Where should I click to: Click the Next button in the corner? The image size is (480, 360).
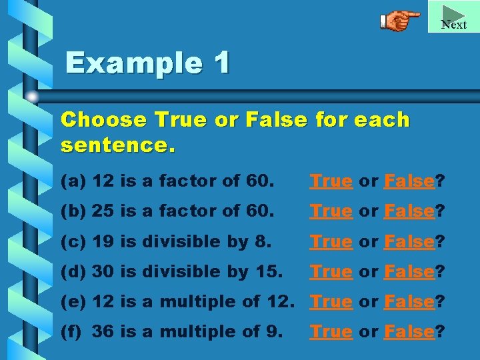click(x=454, y=17)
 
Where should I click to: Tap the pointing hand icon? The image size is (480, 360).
click(x=400, y=21)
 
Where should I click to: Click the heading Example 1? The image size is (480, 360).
click(x=147, y=64)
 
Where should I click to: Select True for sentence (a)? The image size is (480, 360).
click(x=331, y=181)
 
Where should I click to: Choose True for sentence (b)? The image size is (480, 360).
click(x=331, y=211)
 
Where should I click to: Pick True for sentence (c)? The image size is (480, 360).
click(x=331, y=241)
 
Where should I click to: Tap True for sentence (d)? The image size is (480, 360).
click(x=331, y=271)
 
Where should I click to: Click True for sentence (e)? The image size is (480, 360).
click(x=331, y=301)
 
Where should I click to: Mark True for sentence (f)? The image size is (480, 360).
click(x=331, y=331)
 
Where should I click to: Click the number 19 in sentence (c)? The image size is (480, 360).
click(x=103, y=241)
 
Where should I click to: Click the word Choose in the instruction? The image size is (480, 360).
click(x=103, y=120)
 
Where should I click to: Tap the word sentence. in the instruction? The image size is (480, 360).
click(x=118, y=144)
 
